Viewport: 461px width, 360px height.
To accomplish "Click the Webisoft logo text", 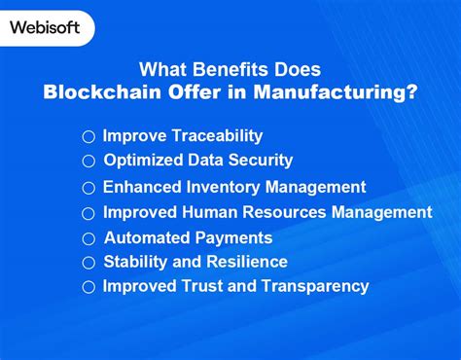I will pos(45,27).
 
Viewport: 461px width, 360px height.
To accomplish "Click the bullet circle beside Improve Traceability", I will pos(89,137).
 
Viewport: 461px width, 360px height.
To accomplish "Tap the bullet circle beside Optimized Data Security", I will pos(89,162).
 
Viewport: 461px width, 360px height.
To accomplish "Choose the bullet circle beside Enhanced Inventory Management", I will pos(89,188).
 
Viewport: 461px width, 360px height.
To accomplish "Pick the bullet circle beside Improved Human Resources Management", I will pos(89,213).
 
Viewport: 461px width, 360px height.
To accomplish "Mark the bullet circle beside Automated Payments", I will pos(89,238).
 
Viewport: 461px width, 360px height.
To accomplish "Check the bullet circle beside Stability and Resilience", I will pos(89,263).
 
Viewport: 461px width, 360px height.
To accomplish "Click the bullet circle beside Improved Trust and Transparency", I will pos(89,287).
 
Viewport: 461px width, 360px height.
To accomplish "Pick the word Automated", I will pos(146,237).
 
